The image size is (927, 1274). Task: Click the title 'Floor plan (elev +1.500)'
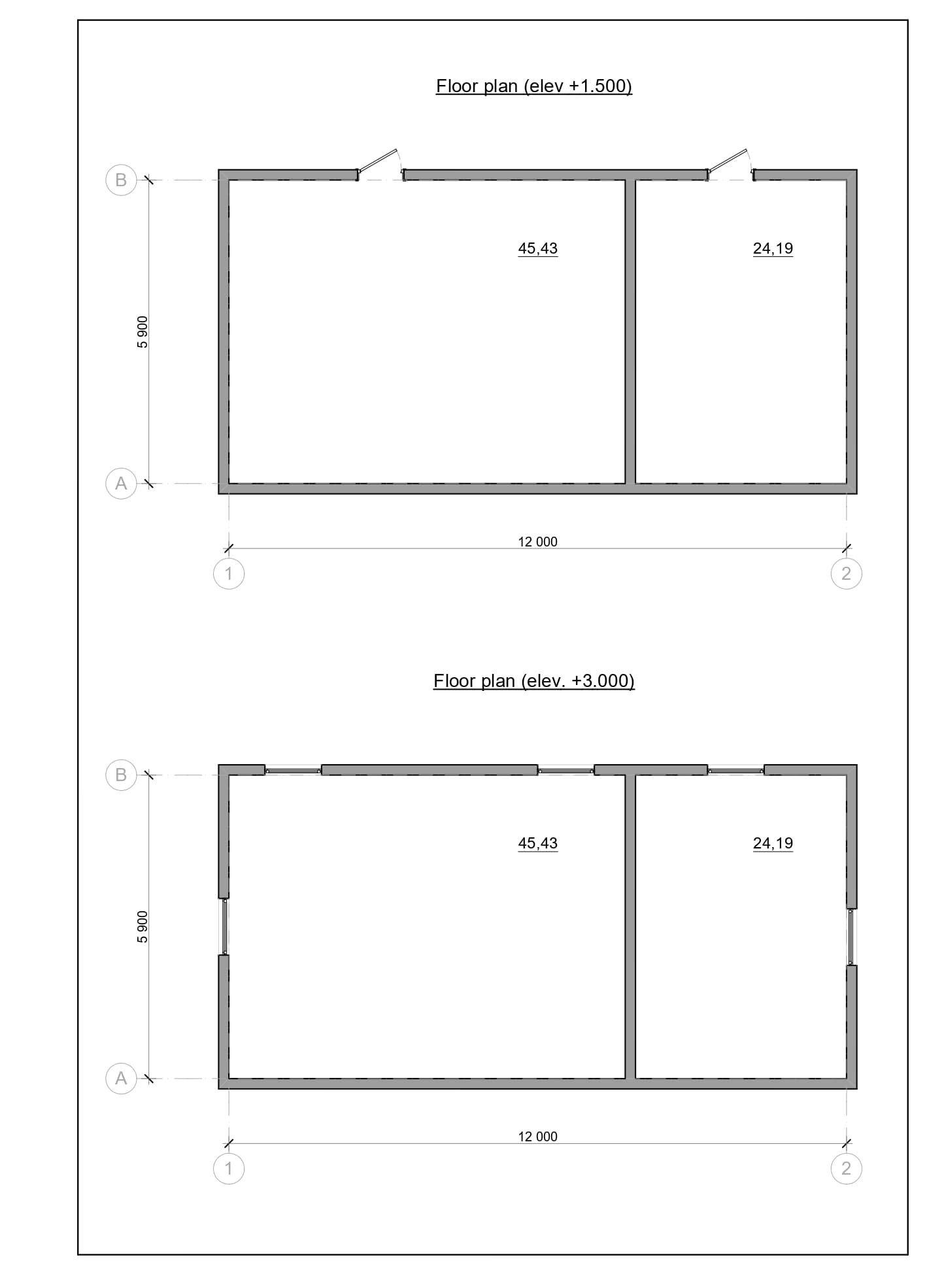(533, 86)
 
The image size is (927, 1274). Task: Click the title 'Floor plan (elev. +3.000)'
(533, 681)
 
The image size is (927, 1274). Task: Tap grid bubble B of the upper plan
(121, 180)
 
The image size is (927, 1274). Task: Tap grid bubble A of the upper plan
(121, 484)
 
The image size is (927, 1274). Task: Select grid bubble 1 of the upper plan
(229, 574)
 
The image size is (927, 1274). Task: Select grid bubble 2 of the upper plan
(847, 574)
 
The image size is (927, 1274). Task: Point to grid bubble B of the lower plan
(121, 775)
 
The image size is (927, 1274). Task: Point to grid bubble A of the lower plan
(121, 1079)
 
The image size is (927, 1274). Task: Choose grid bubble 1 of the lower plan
(229, 1169)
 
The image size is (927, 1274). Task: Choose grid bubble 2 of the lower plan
(847, 1169)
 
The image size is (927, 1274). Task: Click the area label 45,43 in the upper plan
(538, 248)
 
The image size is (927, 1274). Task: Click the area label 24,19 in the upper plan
(773, 248)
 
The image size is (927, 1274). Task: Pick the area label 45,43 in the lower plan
(538, 843)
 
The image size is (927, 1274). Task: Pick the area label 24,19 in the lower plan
(773, 843)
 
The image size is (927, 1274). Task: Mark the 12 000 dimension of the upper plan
(538, 542)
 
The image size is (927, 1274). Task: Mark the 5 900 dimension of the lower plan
(143, 927)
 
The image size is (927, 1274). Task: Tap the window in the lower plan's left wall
(224, 927)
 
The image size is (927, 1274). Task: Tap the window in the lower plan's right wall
(852, 937)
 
